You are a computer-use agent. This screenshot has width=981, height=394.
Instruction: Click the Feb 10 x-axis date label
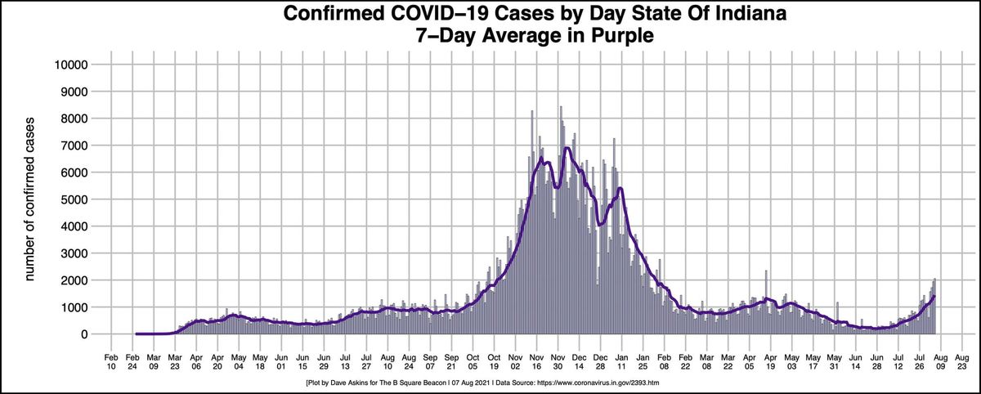tap(111, 362)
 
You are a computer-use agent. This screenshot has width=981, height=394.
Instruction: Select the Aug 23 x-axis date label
tap(962, 362)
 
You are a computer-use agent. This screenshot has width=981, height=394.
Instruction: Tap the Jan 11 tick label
tap(621, 362)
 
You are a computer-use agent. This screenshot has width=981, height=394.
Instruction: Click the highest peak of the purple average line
tap(567, 148)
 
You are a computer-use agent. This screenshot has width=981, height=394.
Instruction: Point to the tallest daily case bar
tap(561, 106)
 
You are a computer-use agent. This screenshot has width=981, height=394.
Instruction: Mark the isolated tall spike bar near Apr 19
tap(766, 271)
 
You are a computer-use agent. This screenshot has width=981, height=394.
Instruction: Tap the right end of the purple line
tap(934, 297)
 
